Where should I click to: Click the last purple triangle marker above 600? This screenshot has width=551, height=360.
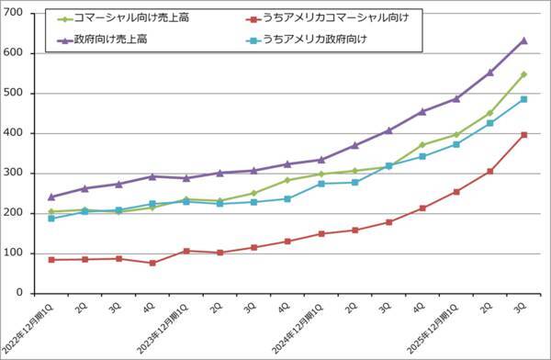coord(523,40)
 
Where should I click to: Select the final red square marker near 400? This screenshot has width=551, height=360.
coord(523,134)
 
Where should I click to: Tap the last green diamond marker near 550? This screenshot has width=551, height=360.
coord(523,74)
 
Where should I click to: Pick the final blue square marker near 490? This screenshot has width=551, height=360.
coord(523,99)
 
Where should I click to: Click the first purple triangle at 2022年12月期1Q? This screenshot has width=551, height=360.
coord(51,197)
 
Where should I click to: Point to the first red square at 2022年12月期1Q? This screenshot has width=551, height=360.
coord(51,260)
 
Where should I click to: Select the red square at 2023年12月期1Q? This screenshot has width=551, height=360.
coord(186,251)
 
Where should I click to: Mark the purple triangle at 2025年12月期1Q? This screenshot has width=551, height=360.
coord(456,98)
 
